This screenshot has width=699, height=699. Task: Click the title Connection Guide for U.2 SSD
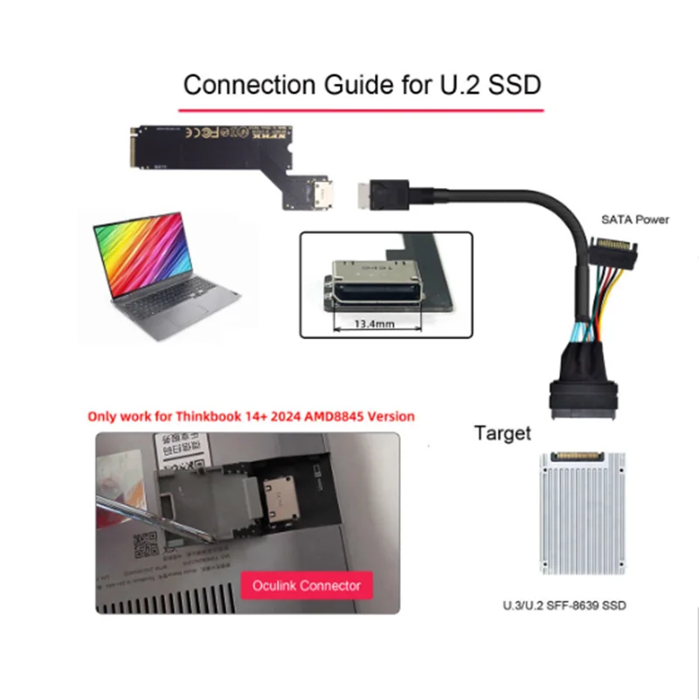pos(362,86)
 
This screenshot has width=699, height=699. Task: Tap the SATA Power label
pos(634,219)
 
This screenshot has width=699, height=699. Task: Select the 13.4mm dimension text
pos(375,322)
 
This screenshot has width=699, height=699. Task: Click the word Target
pos(502,433)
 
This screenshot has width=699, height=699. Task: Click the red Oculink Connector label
pos(306,585)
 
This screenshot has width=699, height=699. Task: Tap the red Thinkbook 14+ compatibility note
pos(251,416)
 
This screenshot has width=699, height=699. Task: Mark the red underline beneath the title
pos(360,111)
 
